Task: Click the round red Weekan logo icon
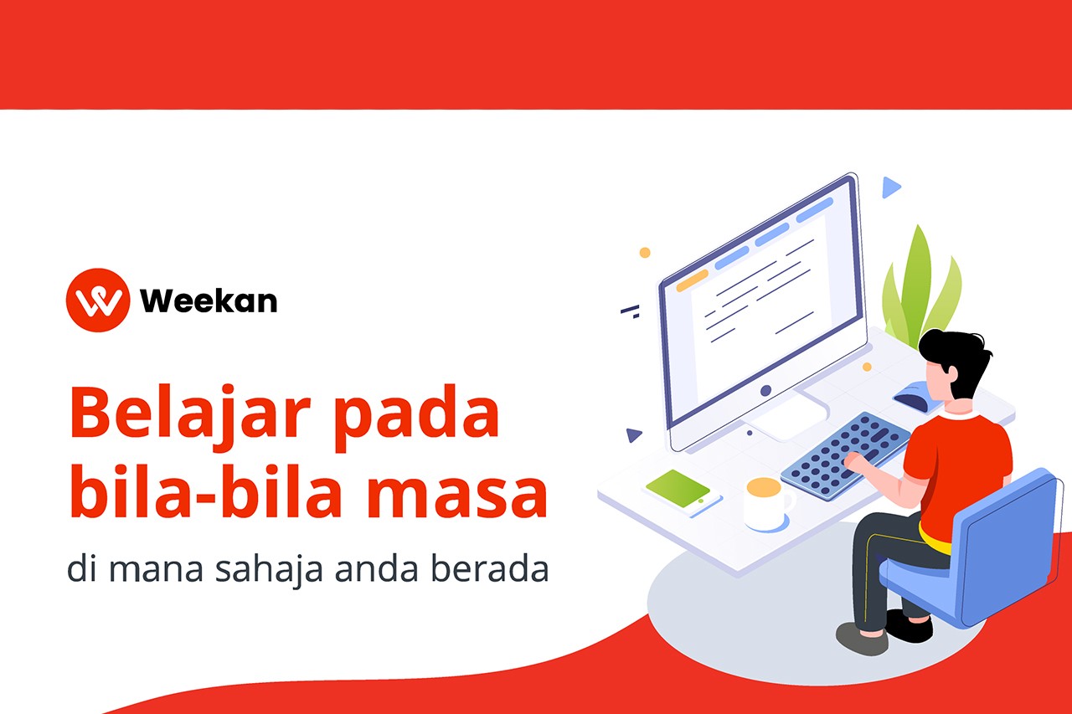tap(98, 300)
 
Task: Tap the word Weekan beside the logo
tap(209, 300)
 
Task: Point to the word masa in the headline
tap(457, 494)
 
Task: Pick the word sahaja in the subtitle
tap(269, 569)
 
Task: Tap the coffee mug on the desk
tap(766, 504)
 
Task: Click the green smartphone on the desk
tap(683, 491)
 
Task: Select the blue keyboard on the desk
tap(846, 455)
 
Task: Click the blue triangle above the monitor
tap(890, 187)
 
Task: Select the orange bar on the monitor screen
tap(692, 280)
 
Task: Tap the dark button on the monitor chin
tap(765, 390)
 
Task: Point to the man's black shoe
tap(909, 625)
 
